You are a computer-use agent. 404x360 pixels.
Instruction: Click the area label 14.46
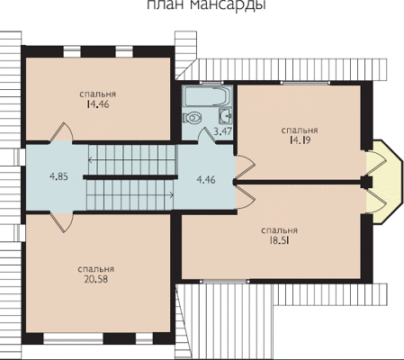98,104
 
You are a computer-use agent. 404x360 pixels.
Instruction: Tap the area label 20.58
96,279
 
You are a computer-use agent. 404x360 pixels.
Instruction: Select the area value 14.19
300,140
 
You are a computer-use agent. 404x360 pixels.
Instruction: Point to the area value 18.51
279,240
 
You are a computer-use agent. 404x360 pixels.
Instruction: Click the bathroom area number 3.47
221,131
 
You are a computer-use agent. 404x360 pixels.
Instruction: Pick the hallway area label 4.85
58,176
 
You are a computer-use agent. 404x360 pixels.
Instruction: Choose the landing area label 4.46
206,180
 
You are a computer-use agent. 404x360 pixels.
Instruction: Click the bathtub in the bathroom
207,96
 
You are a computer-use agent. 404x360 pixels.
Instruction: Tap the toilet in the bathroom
193,117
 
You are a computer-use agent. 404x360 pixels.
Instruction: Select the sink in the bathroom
226,116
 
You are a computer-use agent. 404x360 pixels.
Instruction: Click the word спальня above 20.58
96,269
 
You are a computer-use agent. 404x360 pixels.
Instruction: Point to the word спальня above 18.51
279,230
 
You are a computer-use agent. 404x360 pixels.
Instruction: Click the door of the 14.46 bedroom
61,132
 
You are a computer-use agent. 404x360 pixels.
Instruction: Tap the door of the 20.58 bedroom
61,222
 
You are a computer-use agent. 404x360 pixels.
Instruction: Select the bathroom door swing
206,134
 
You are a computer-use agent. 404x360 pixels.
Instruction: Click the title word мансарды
228,5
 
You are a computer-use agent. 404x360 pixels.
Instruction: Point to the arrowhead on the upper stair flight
90,160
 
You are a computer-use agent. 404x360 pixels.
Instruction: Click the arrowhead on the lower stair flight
172,195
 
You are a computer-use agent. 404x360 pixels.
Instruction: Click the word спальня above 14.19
300,130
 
